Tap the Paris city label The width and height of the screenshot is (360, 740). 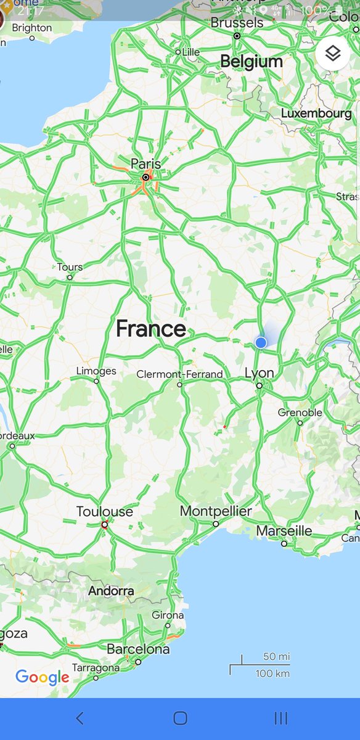pyautogui.click(x=145, y=164)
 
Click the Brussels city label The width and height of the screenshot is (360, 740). pyautogui.click(x=237, y=23)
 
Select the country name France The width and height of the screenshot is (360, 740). pyautogui.click(x=150, y=329)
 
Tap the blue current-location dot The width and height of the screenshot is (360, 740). pyautogui.click(x=261, y=342)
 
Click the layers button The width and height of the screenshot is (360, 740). pyautogui.click(x=333, y=54)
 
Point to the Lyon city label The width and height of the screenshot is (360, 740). pyautogui.click(x=259, y=373)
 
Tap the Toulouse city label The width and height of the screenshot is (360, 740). pyautogui.click(x=104, y=512)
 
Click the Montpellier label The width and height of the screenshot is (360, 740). pyautogui.click(x=216, y=512)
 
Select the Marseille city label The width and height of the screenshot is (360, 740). pyautogui.click(x=284, y=531)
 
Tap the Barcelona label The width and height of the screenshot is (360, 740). pyautogui.click(x=138, y=649)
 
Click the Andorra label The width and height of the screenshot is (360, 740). pyautogui.click(x=111, y=591)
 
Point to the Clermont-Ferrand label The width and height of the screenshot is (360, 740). pyautogui.click(x=179, y=374)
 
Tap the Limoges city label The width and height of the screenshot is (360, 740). pyautogui.click(x=96, y=371)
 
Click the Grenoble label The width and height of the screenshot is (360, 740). pyautogui.click(x=300, y=413)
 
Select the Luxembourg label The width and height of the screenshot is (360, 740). pyautogui.click(x=316, y=113)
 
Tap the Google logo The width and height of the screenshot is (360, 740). pyautogui.click(x=42, y=678)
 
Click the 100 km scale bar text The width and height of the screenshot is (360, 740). pyautogui.click(x=272, y=673)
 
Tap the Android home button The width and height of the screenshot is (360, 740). pyautogui.click(x=180, y=718)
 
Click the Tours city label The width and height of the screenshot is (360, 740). pyautogui.click(x=70, y=268)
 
